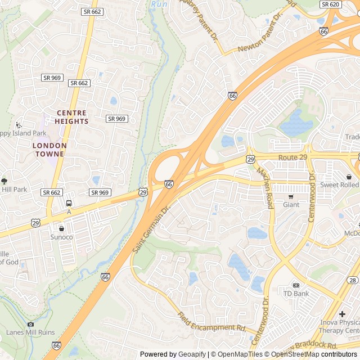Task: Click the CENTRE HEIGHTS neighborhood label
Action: [72, 117]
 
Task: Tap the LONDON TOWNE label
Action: [49, 149]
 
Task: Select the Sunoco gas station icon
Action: [61, 228]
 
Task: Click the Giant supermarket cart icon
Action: [291, 196]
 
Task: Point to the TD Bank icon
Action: [296, 285]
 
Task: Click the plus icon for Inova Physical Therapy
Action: [343, 313]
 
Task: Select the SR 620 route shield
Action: [330, 4]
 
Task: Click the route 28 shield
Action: [353, 280]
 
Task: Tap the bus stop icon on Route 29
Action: [69, 203]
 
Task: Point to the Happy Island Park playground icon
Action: [19, 125]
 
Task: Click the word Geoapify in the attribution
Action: [191, 354]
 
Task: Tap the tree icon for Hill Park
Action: [4, 181]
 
